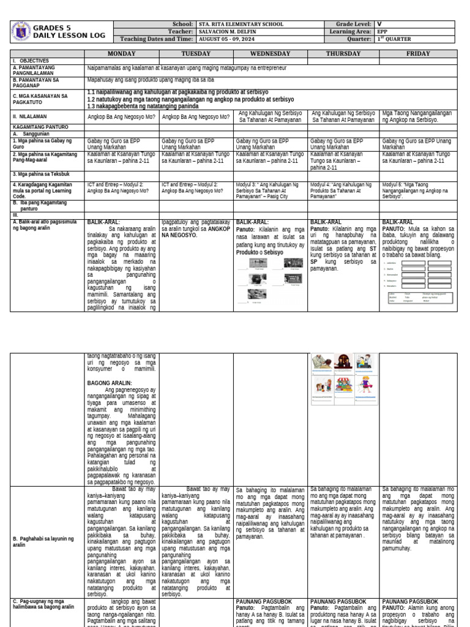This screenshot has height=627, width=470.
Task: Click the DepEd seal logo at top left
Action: pyautogui.click(x=21, y=31)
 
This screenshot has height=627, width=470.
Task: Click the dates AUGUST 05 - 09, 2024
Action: pyautogui.click(x=231, y=39)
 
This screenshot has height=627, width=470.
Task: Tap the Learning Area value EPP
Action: pyautogui.click(x=383, y=32)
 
